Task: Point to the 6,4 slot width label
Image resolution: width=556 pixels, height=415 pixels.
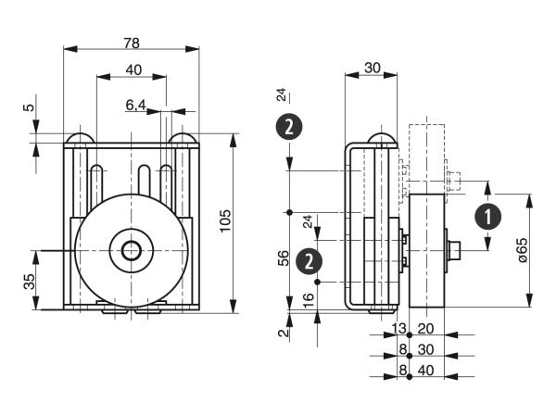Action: tap(135, 106)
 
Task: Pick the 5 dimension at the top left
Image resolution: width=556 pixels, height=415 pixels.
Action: tap(29, 107)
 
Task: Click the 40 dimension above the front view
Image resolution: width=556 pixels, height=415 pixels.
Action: tap(133, 69)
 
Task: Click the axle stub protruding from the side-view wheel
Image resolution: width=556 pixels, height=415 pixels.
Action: tap(455, 249)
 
